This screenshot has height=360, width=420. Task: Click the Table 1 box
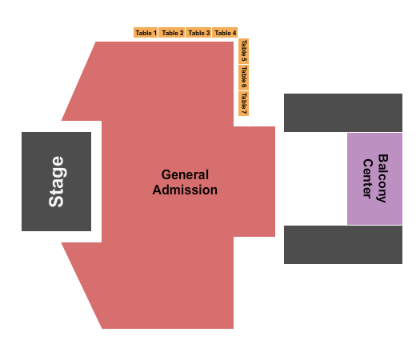[146, 33]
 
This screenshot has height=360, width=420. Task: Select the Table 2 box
[172, 33]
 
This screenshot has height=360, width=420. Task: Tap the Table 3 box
[198, 33]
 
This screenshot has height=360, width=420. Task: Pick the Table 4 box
[225, 33]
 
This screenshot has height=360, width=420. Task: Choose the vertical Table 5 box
[243, 51]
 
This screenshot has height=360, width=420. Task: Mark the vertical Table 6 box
[243, 77]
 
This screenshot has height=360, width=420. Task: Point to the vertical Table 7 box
[243, 103]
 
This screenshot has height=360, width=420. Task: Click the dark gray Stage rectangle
[56, 182]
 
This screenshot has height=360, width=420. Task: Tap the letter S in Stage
[56, 202]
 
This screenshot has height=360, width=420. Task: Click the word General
[185, 174]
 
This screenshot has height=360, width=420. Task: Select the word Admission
[185, 190]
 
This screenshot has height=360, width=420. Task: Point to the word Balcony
[382, 178]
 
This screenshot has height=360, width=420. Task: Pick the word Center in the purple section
[367, 178]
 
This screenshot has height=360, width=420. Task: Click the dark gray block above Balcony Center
[343, 113]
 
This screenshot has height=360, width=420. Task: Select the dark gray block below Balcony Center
[343, 245]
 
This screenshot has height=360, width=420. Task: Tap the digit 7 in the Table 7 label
[244, 111]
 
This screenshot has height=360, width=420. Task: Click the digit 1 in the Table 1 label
[155, 33]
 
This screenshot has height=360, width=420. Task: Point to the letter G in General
[166, 174]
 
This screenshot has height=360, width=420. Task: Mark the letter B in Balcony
[383, 158]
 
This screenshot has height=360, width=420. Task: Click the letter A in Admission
[158, 190]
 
